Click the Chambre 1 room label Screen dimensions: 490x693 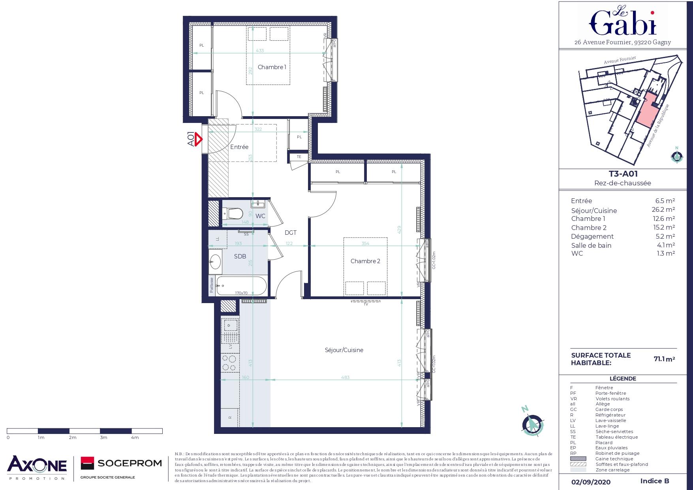[272, 67]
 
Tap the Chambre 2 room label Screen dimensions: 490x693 [365, 261]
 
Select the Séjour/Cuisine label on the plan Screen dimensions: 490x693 [344, 350]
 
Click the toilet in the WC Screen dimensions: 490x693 [233, 214]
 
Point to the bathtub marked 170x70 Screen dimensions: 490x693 [241, 285]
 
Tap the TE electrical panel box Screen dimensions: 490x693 [299, 157]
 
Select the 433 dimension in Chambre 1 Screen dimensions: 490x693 [259, 51]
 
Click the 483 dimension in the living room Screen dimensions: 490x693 [345, 377]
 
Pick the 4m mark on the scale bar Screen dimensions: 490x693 [135, 437]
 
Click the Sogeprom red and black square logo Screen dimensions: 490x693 [87, 463]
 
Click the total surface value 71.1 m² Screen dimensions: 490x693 [664, 359]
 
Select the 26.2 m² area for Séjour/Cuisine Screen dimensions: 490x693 [663, 210]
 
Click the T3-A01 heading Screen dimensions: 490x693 [623, 174]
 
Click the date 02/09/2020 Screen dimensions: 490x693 [591, 482]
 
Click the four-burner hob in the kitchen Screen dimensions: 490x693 [230, 364]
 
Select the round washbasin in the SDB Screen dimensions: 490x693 [216, 261]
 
